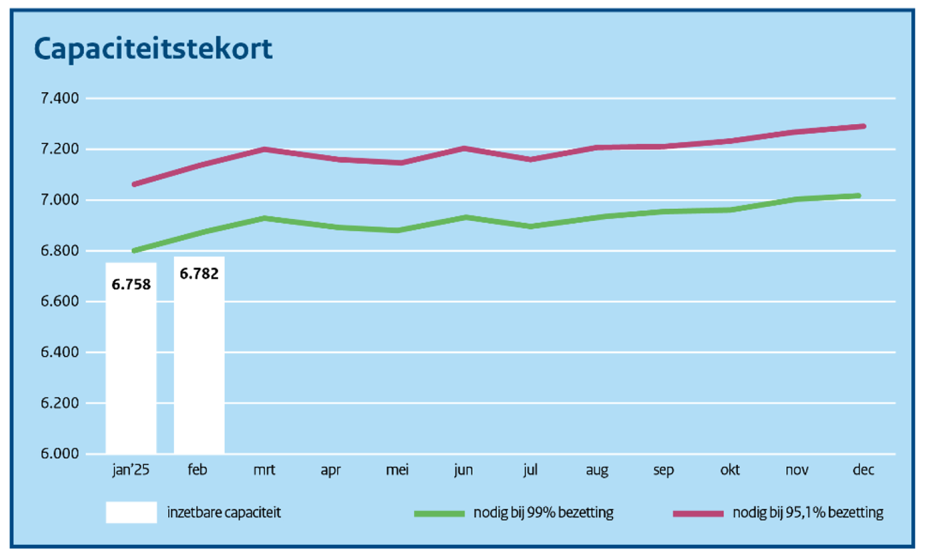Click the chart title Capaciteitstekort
click(x=153, y=49)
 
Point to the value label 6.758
click(x=131, y=285)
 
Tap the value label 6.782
click(x=199, y=273)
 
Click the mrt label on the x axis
click(x=264, y=470)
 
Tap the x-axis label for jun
click(x=463, y=470)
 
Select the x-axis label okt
click(x=729, y=470)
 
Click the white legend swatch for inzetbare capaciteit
click(x=131, y=513)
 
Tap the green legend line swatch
click(x=438, y=513)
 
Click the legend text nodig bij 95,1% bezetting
click(x=808, y=513)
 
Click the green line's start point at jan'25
click(x=133, y=251)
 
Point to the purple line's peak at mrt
click(x=264, y=149)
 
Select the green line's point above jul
click(x=530, y=226)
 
